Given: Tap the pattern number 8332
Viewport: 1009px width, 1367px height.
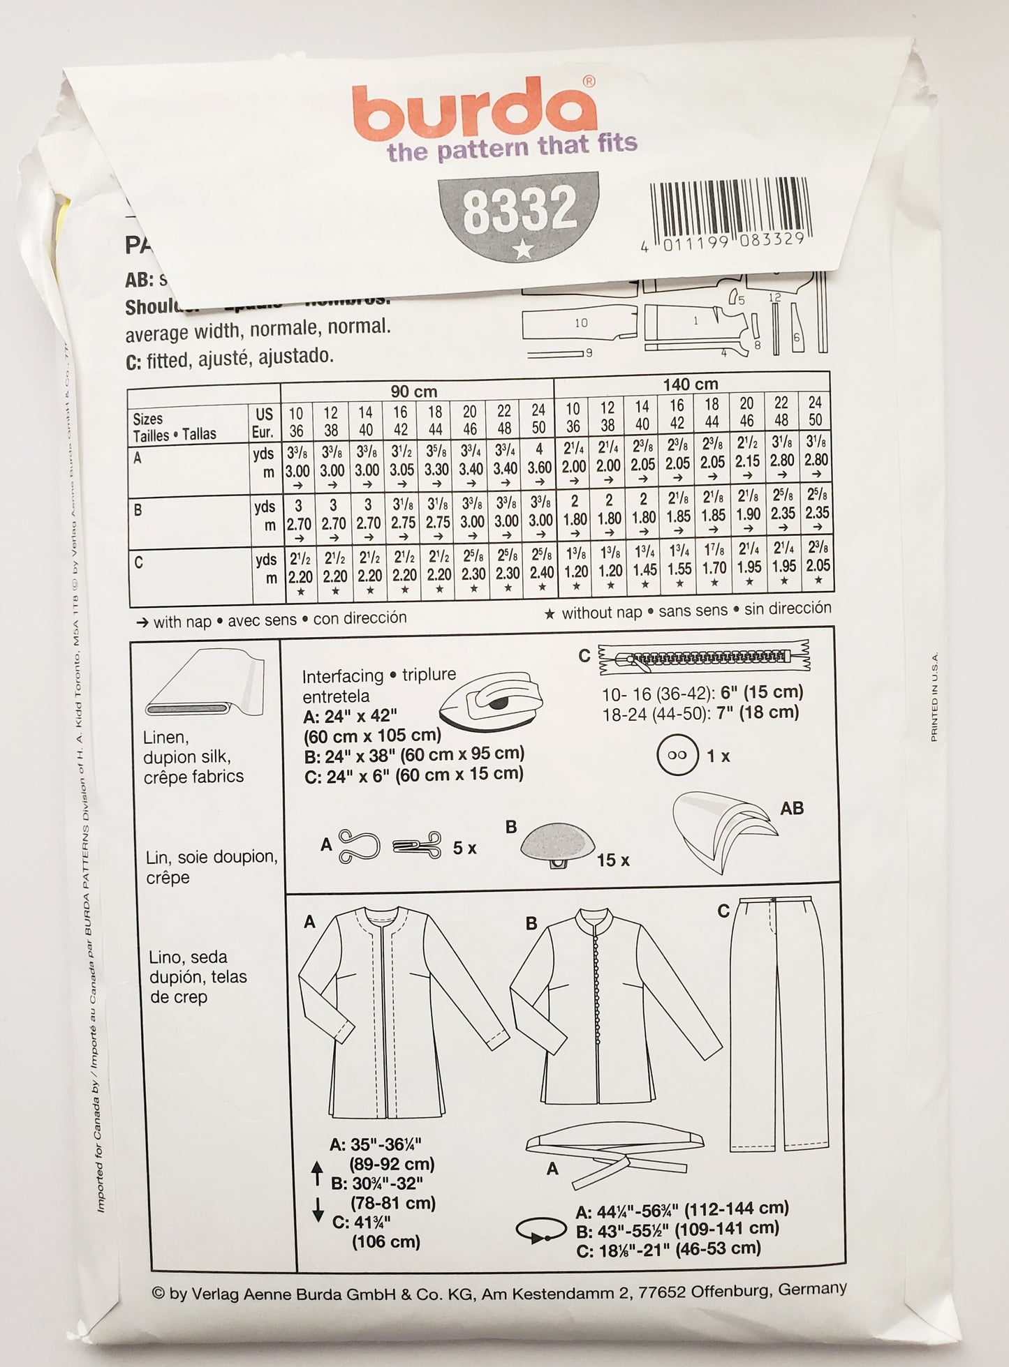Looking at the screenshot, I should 520,209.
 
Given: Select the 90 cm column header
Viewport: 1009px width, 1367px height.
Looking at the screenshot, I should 414,391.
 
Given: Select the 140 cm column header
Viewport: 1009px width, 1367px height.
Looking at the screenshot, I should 690,384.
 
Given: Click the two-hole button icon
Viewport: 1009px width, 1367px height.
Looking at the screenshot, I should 677,755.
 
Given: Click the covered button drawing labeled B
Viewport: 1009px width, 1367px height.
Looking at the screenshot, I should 557,844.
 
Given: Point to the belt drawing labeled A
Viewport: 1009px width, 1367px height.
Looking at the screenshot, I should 614,1151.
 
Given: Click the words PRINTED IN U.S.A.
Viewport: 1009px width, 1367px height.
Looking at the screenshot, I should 934,698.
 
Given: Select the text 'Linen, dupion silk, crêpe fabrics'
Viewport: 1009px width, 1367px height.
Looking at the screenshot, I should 193,757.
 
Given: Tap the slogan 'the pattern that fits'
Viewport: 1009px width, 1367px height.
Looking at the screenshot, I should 512,147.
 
